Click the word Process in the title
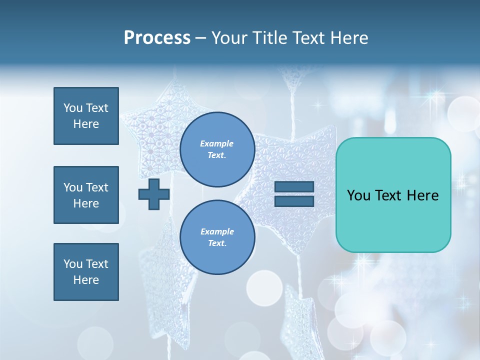(x=157, y=38)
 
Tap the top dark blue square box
(x=86, y=116)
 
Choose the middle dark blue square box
(x=86, y=195)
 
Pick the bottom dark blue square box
(x=86, y=272)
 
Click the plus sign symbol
(x=154, y=194)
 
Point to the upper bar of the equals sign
(x=294, y=187)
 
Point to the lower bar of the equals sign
(x=294, y=201)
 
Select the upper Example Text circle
(x=217, y=149)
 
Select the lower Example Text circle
(x=217, y=237)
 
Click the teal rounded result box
(x=393, y=195)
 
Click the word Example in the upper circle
(x=216, y=143)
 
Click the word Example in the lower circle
(x=217, y=231)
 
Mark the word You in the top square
(x=73, y=108)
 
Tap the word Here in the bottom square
(x=86, y=280)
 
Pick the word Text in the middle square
(x=97, y=187)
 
